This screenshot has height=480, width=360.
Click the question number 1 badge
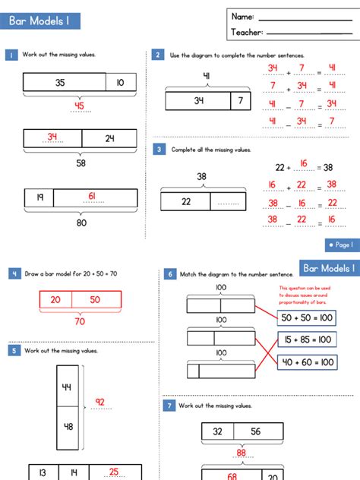pyautogui.click(x=12, y=55)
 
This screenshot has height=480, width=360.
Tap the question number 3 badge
pyautogui.click(x=159, y=150)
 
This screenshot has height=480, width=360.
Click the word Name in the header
pyautogui.click(x=242, y=17)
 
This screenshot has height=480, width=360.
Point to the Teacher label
pyautogui.click(x=247, y=32)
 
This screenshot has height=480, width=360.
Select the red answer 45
pyautogui.click(x=79, y=106)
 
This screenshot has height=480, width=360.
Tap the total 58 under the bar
pyautogui.click(x=81, y=163)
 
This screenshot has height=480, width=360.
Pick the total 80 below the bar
pyautogui.click(x=81, y=223)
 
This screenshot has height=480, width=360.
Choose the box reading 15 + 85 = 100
pyautogui.click(x=306, y=339)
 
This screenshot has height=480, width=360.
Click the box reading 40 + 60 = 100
pyautogui.click(x=306, y=362)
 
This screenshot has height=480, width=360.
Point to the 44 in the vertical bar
pyautogui.click(x=67, y=387)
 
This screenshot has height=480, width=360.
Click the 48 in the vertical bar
pyautogui.click(x=67, y=426)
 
